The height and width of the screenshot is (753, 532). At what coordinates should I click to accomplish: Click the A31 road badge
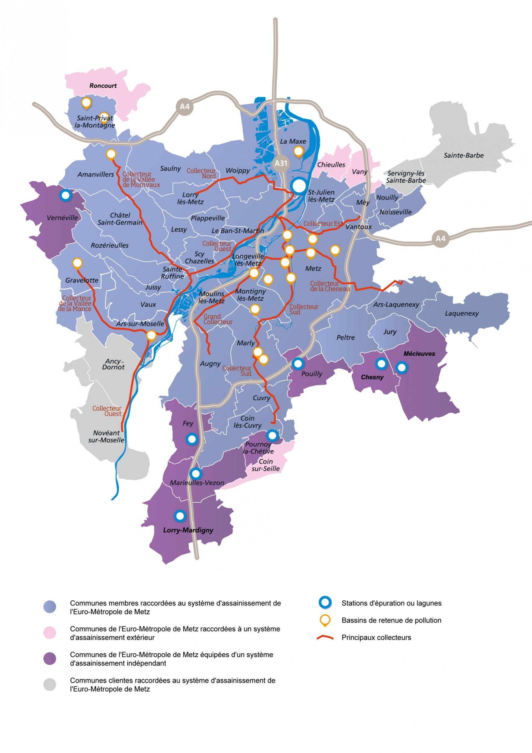281,163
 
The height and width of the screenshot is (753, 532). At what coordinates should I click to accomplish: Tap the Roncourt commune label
103,86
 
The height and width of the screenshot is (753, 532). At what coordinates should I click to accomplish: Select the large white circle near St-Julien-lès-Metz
299,186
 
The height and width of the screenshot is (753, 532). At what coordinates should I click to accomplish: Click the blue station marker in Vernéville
66,195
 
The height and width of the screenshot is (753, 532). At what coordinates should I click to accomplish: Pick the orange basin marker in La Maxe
298,152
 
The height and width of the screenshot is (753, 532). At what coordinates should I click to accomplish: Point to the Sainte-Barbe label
463,155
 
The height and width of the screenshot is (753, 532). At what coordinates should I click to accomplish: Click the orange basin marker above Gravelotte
77,263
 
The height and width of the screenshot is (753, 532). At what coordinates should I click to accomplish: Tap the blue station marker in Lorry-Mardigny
180,516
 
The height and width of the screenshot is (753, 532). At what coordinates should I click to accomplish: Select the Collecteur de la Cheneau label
330,286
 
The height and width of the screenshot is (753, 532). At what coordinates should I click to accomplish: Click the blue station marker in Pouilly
298,363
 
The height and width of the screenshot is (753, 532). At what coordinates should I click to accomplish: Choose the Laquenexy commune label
462,314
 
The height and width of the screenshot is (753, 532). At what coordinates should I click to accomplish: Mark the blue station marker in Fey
192,439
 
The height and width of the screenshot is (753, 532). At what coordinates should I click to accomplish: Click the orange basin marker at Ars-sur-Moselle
151,335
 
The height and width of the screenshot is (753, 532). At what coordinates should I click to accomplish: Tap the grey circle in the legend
50,684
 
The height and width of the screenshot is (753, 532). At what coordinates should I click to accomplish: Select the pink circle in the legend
50,633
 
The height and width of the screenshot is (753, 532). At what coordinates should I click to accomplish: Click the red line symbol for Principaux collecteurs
325,638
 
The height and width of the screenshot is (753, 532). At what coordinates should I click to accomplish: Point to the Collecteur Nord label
201,173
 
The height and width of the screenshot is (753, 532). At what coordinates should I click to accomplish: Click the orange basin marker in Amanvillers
111,154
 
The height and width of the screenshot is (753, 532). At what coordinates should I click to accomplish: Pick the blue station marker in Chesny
381,363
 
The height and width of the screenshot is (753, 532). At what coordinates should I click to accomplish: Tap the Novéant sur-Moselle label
106,436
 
